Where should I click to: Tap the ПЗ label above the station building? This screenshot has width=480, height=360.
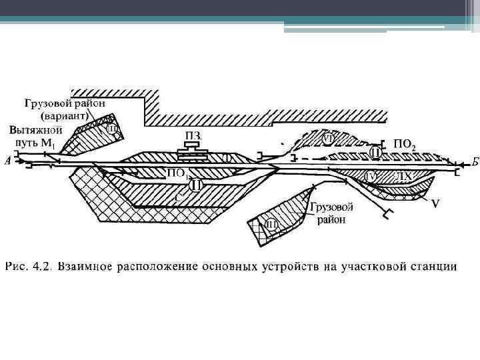coord(194,137)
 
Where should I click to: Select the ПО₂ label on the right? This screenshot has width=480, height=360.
coord(405,144)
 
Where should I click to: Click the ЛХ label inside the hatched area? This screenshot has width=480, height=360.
coord(403,176)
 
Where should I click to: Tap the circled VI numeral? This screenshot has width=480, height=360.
coord(327,139)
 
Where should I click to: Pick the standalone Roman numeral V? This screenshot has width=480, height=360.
coord(434,203)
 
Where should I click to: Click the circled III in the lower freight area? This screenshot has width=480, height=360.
coord(271,224)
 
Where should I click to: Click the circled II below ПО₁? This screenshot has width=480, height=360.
coord(195,185)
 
